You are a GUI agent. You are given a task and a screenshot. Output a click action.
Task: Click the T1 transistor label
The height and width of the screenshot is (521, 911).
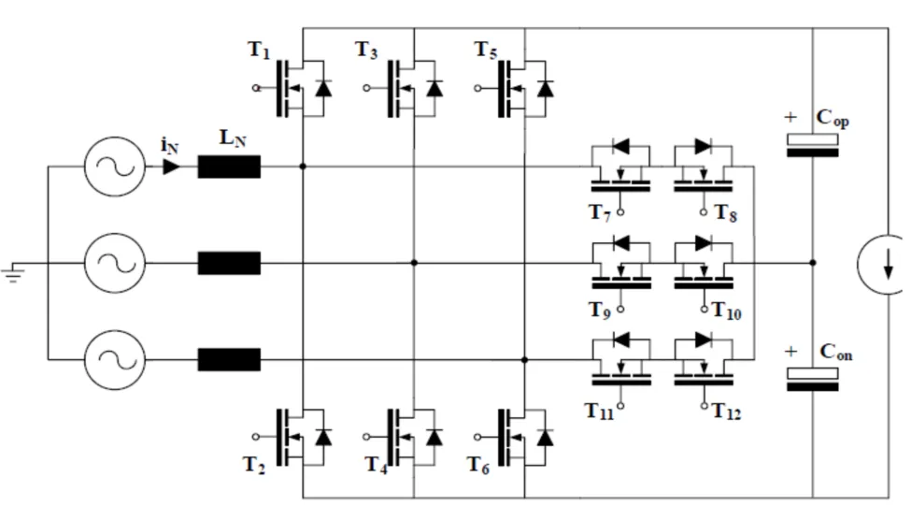tap(259, 51)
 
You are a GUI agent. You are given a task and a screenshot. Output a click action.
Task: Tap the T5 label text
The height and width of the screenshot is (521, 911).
tap(485, 51)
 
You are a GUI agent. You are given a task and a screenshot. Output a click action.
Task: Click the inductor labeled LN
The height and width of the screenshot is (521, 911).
tap(229, 167)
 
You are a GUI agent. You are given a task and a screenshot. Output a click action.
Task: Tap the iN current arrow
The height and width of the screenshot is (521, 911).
tap(171, 167)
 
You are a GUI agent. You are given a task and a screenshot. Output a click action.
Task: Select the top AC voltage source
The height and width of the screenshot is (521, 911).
tap(115, 167)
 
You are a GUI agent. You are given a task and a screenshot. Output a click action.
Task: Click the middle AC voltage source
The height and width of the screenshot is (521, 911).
tap(115, 264)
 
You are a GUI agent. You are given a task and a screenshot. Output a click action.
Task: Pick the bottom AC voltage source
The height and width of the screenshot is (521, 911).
tap(115, 359)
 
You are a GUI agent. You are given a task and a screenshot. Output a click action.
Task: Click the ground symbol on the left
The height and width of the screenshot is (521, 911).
tap(13, 272)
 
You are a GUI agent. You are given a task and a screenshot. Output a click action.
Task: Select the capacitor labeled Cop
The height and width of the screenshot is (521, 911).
tap(812, 145)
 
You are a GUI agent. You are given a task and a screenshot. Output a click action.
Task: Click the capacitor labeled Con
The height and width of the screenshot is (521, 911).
tap(812, 379)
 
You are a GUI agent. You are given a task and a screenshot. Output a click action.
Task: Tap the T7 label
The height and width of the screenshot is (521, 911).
tap(600, 212)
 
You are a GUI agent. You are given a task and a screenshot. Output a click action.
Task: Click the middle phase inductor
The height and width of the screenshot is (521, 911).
tap(229, 264)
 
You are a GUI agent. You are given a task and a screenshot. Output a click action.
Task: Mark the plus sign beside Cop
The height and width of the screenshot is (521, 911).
tap(791, 119)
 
